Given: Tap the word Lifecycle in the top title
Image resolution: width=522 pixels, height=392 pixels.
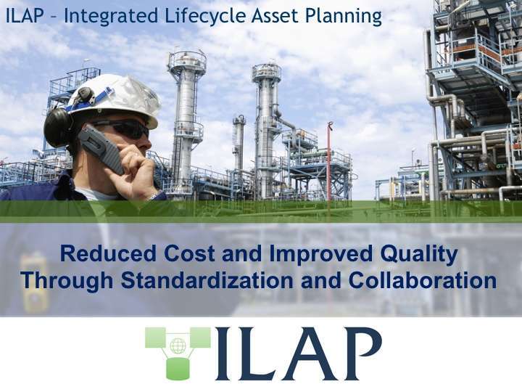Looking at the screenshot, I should click(x=182, y=15).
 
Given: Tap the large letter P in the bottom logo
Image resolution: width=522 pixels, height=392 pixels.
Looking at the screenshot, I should click(x=360, y=354).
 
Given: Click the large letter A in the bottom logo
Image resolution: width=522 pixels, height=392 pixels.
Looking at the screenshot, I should click(x=308, y=354).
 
